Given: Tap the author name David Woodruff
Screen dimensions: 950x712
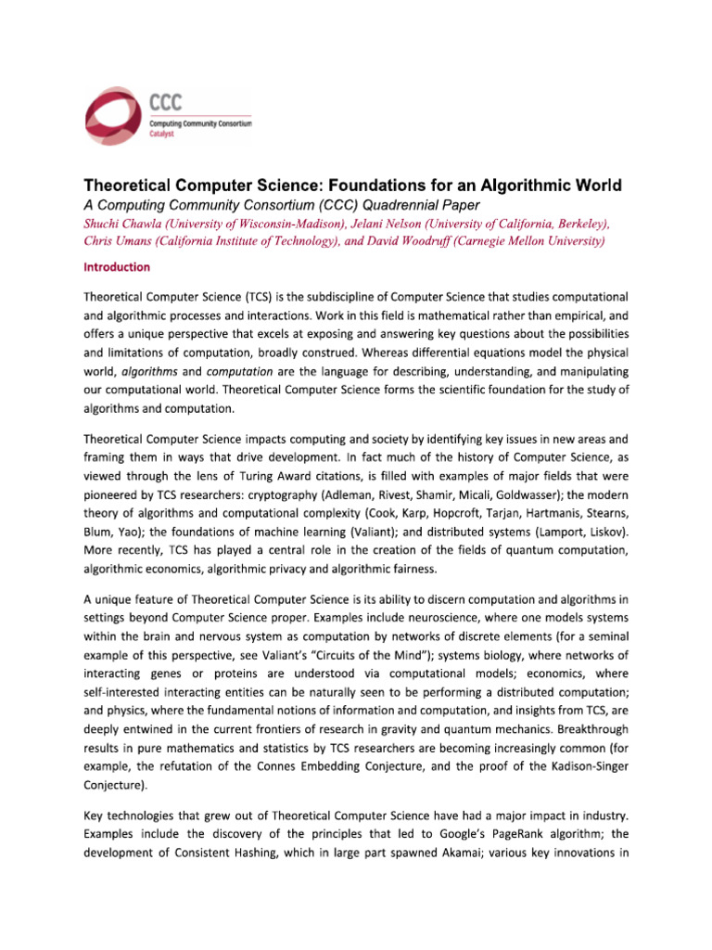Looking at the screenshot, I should click(x=408, y=241).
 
